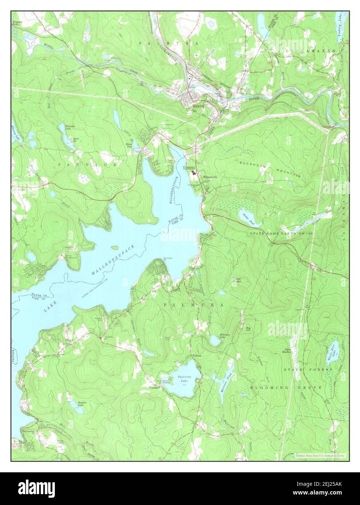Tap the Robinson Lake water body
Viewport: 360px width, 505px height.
pyautogui.click(x=215, y=341)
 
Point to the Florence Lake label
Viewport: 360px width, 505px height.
pyautogui.click(x=70, y=127)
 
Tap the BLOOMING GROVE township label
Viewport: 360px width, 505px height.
pyautogui.click(x=286, y=388)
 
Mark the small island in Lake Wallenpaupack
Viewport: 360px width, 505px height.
pyautogui.click(x=114, y=248)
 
